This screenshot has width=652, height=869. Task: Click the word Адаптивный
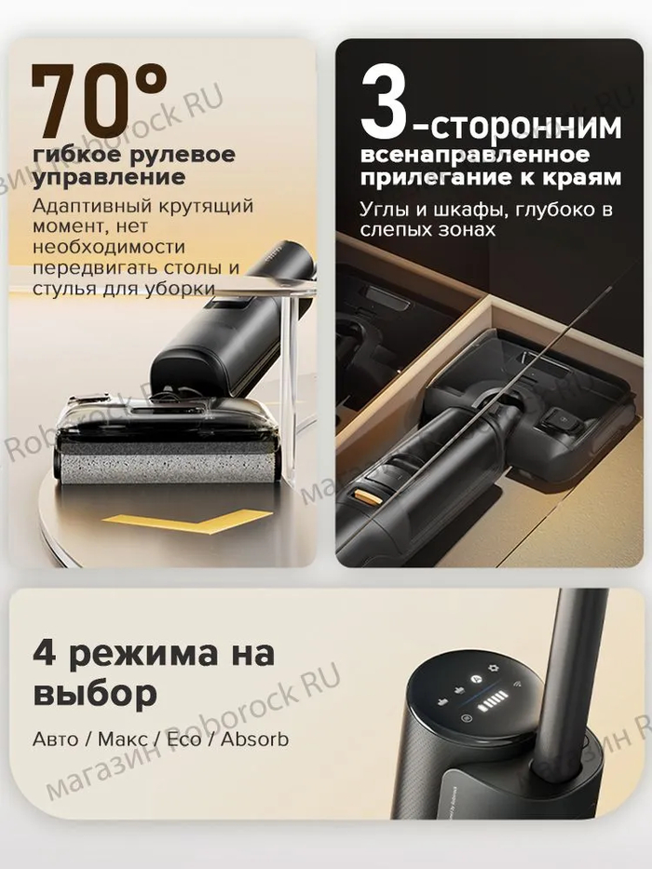91,206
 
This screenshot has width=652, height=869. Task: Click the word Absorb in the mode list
255,740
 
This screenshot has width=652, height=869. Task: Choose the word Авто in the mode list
56,740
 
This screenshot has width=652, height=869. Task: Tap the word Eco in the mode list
184,740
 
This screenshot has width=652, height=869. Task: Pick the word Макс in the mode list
123,740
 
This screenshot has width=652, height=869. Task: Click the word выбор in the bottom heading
95,693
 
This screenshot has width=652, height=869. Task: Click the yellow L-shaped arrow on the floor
187,522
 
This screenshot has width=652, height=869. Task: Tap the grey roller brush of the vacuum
168,463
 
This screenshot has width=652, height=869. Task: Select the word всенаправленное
475,155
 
